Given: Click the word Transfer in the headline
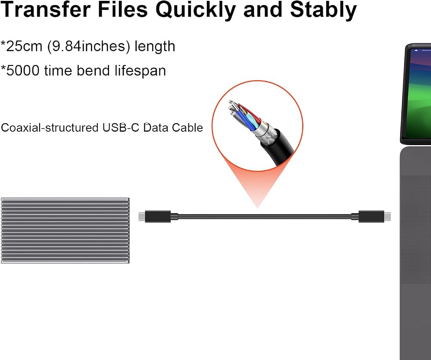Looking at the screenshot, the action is pyautogui.click(x=45, y=10).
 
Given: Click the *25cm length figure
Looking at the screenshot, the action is pyautogui.click(x=22, y=46).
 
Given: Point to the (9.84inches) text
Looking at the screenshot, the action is pyautogui.click(x=88, y=46).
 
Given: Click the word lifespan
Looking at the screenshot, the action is pyautogui.click(x=140, y=71).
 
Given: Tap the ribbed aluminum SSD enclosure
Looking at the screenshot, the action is pyautogui.click(x=65, y=230).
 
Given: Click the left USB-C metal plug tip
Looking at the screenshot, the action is pyautogui.click(x=142, y=216).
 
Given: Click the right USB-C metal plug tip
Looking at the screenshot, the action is pyautogui.click(x=387, y=216).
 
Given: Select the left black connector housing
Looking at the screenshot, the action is pyautogui.click(x=158, y=216).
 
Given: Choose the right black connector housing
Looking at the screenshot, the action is pyautogui.click(x=371, y=216).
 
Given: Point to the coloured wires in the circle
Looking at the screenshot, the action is pyautogui.click(x=245, y=115).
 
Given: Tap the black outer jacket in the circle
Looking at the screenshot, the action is pyautogui.click(x=279, y=150).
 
